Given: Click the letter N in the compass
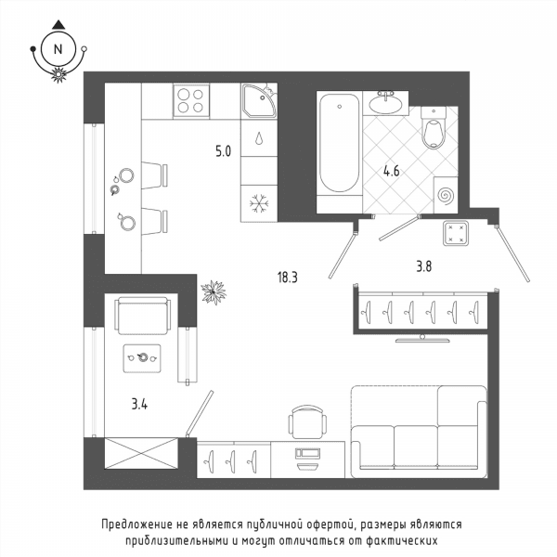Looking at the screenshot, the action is coord(58,49).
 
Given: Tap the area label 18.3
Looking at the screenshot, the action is coord(288,278).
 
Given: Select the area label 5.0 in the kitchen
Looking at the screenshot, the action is coord(223,151).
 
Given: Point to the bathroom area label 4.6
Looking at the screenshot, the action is coord(392,171).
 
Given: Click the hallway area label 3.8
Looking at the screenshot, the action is coord(424,266).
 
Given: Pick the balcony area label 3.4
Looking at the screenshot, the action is coord(139,404).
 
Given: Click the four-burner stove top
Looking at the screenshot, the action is coord(191,101).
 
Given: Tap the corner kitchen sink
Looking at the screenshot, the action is coord(259,101).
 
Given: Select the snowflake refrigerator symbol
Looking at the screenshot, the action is coord(259,203).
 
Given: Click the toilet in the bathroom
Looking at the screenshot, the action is coord(434,128).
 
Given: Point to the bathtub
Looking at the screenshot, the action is coord(339,143).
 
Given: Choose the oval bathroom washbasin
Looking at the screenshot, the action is coord(386,104).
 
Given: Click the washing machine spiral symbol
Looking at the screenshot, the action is coord(446,195).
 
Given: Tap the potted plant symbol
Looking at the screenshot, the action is coord(214,292).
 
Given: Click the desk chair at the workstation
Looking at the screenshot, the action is coord(307,422).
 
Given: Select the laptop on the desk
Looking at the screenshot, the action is coord(307,459).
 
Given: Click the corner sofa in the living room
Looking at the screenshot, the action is coord(420,432).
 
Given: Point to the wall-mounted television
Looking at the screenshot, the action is coord(422,339).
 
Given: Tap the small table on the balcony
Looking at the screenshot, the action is coord(142,358).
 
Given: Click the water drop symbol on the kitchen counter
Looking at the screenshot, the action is coord(259,138).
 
